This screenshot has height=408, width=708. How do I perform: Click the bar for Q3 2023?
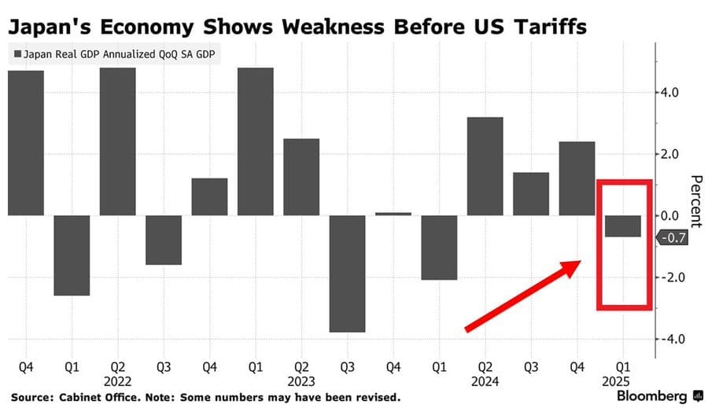pyautogui.click(x=348, y=274)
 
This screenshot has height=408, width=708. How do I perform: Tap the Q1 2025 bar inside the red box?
pyautogui.click(x=623, y=226)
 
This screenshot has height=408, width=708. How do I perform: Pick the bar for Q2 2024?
pyautogui.click(x=486, y=166)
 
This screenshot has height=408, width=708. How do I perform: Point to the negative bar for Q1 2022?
pyautogui.click(x=72, y=255)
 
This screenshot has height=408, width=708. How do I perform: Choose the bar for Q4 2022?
pyautogui.click(x=210, y=197)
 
